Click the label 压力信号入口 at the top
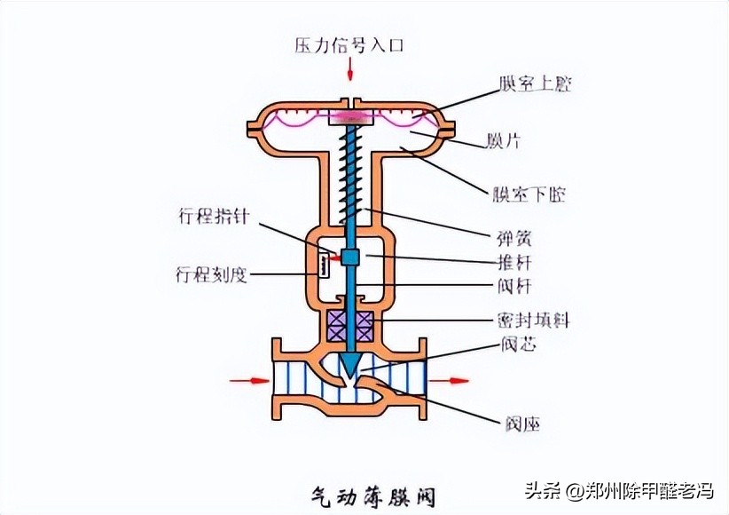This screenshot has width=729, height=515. click(x=350, y=44)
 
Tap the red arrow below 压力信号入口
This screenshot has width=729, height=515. click(x=350, y=67)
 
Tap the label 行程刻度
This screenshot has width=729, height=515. click(x=211, y=274)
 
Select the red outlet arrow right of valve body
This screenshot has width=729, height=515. click(x=454, y=381)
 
